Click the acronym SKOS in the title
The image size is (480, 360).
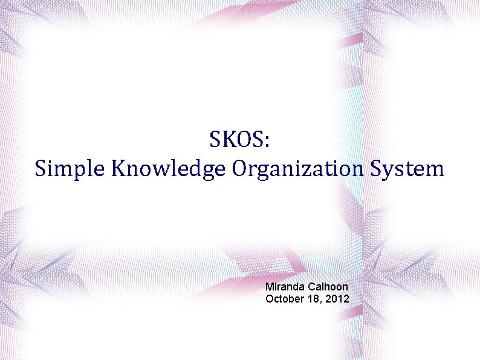(x=236, y=140)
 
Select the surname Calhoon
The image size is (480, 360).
(x=328, y=287)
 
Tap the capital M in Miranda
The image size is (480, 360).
(x=270, y=287)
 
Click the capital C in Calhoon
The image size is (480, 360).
(x=313, y=287)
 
